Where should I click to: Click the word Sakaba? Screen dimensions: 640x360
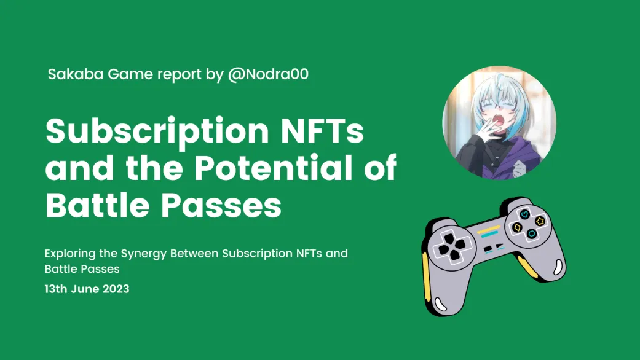pos(76,74)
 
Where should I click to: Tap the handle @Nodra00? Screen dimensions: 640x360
pos(268,74)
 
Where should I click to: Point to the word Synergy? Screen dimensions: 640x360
pos(144,254)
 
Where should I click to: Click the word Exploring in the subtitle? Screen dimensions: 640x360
pos(70,254)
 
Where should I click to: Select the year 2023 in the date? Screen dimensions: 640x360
pos(116,289)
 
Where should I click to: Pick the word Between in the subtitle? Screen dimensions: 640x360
pos(194,254)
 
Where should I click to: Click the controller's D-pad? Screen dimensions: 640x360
pos(451,246)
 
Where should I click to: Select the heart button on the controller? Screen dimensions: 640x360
pos(524,214)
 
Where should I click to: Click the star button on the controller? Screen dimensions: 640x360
pos(540,221)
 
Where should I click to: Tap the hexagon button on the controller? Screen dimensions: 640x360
pos(532,233)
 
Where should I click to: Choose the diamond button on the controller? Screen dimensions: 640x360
pos(517,227)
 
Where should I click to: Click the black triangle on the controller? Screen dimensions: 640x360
pos(499,246)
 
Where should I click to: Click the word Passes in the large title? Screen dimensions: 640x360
pos(221,205)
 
